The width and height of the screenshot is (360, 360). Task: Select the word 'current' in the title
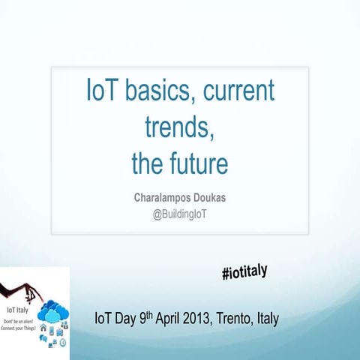point(238,93)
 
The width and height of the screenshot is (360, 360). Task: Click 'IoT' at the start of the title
point(102,93)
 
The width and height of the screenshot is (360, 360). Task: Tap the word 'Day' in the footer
point(124,319)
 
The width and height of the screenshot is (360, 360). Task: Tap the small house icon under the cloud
point(43,327)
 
